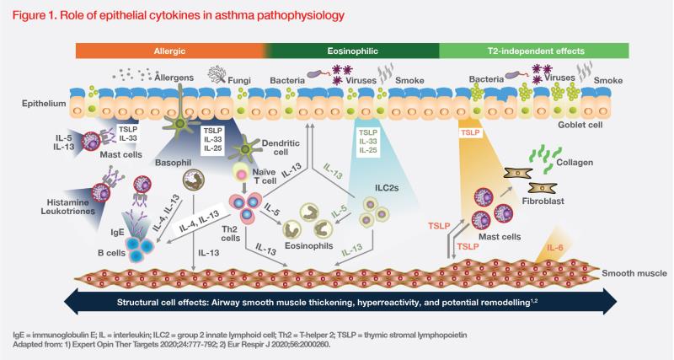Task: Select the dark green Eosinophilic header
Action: point(353,51)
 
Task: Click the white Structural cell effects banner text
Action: point(337,301)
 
